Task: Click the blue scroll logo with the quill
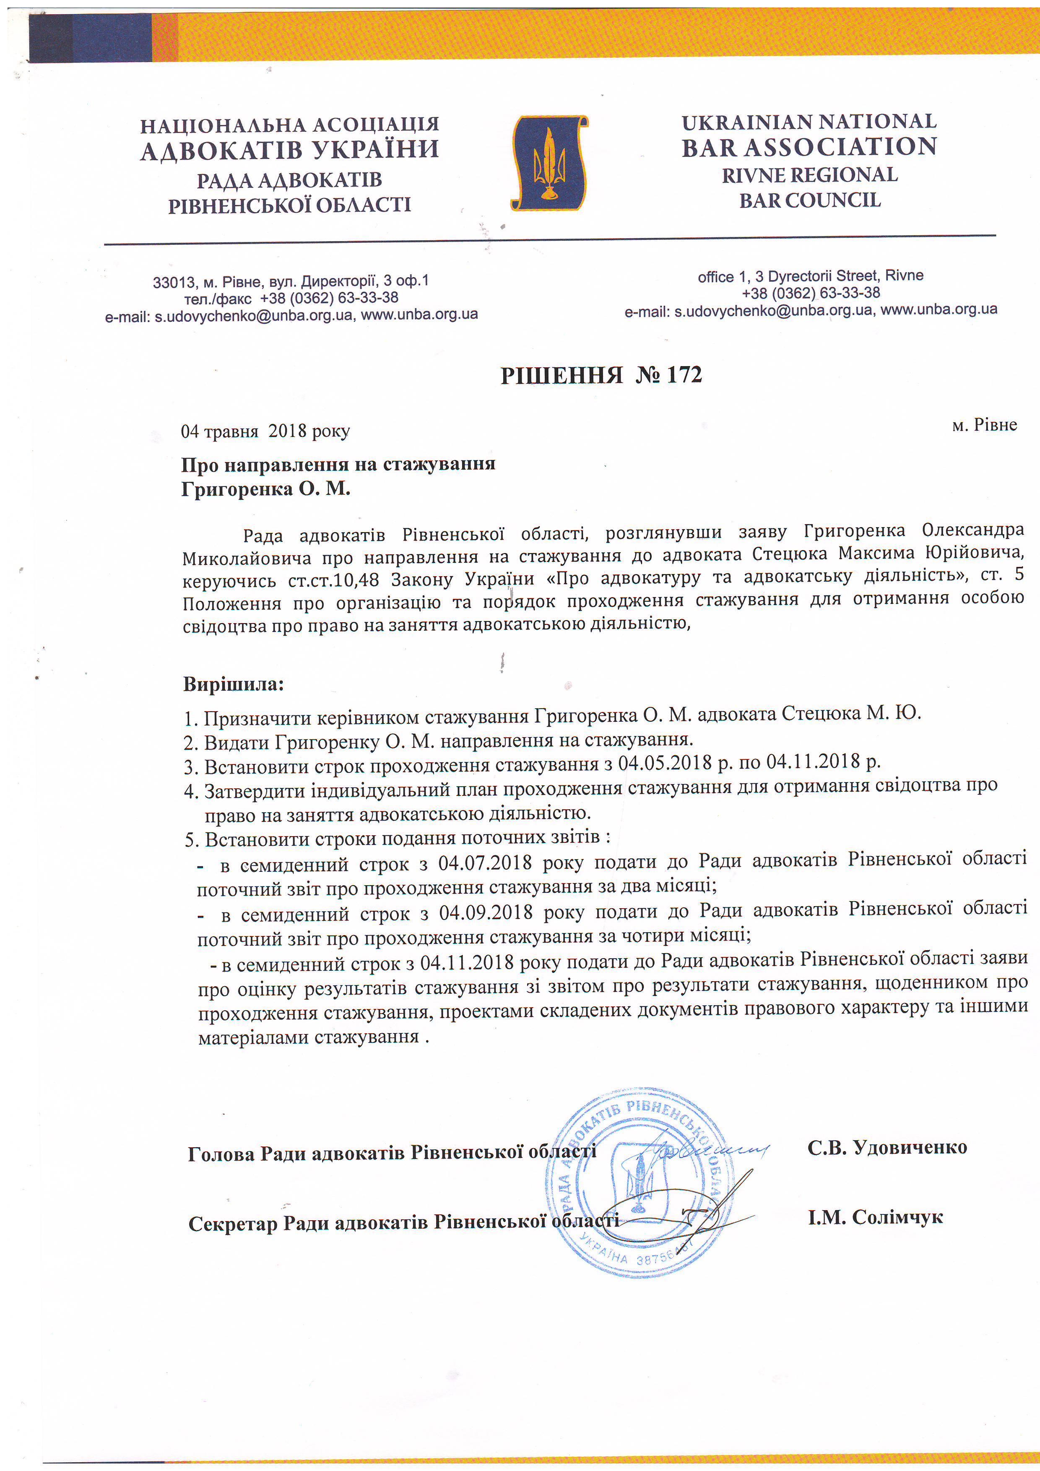[x=549, y=164]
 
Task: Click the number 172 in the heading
[x=684, y=375]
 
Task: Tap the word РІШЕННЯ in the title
[x=562, y=375]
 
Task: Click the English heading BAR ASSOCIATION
[x=809, y=147]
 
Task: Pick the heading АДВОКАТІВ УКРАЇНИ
[x=290, y=151]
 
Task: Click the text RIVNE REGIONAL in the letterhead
[x=809, y=175]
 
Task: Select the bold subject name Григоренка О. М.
[x=265, y=489]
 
